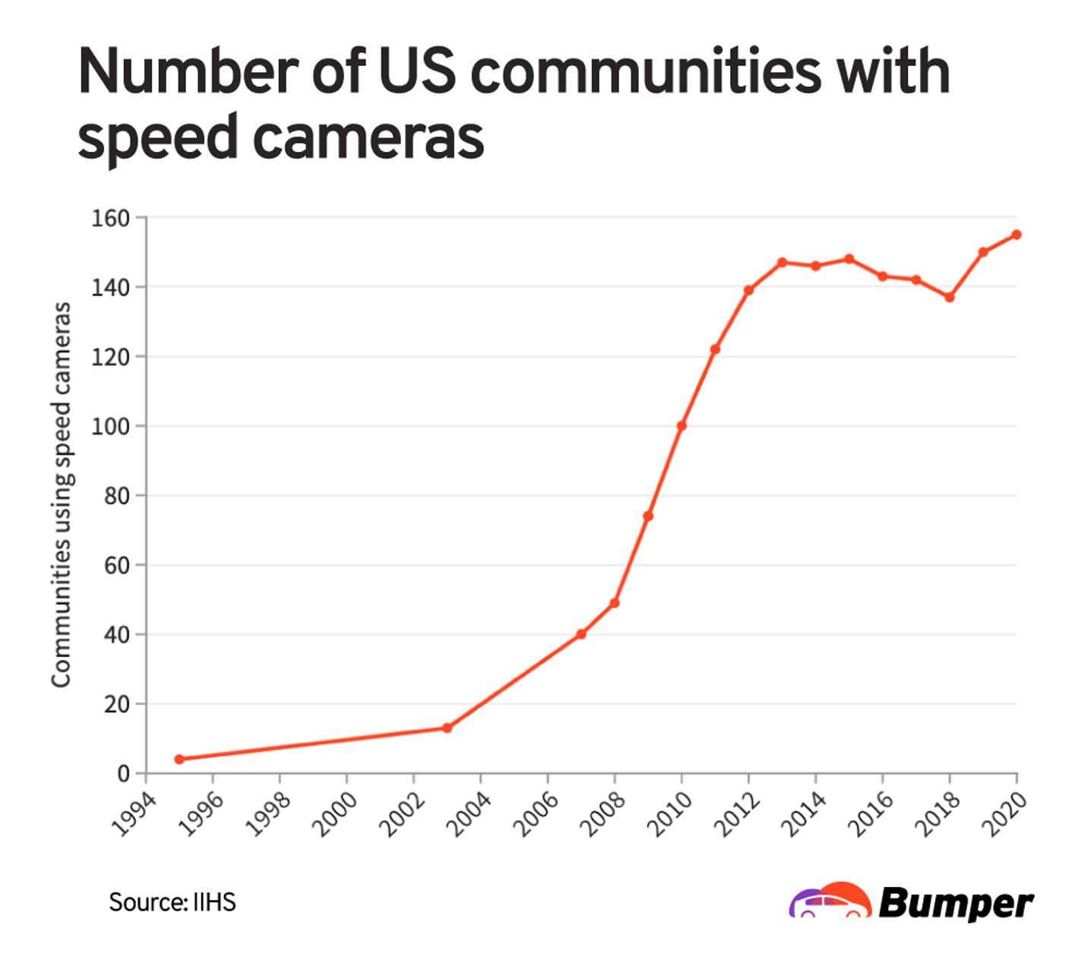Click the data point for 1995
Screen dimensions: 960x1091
pyautogui.click(x=179, y=759)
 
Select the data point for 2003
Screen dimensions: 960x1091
pyautogui.click(x=447, y=728)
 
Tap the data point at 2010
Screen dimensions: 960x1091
pyautogui.click(x=681, y=426)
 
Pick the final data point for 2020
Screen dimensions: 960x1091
pyautogui.click(x=1017, y=235)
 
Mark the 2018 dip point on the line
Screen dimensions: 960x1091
pyautogui.click(x=950, y=297)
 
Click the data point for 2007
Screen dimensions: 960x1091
pyautogui.click(x=581, y=634)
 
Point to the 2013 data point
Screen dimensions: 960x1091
pyautogui.click(x=782, y=263)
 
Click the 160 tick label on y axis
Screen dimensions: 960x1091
pyautogui.click(x=110, y=219)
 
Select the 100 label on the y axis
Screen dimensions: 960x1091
pyautogui.click(x=110, y=427)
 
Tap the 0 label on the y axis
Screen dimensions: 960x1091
pyautogui.click(x=123, y=774)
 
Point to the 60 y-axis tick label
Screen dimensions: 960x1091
pyautogui.click(x=116, y=566)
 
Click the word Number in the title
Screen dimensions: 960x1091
pyautogui.click(x=186, y=71)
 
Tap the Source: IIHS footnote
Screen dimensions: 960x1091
pyautogui.click(x=172, y=902)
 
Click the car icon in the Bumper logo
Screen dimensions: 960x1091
pyautogui.click(x=830, y=901)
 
